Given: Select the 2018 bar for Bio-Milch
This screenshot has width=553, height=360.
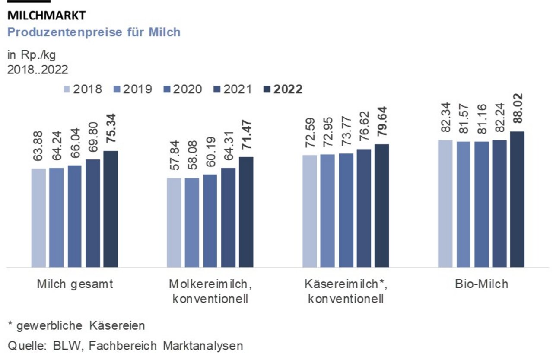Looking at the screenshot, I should click(x=445, y=203).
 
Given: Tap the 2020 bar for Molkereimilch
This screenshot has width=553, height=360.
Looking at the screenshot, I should click(x=210, y=220).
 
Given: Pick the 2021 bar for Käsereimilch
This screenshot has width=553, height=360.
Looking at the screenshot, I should click(x=364, y=208).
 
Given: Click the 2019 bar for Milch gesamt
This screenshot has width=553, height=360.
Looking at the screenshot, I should click(x=56, y=217).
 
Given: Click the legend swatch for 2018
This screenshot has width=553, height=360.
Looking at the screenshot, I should click(x=67, y=89).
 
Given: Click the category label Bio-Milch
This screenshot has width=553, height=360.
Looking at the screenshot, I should click(x=481, y=284).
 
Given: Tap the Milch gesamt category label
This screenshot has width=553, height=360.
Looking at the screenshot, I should click(x=75, y=284).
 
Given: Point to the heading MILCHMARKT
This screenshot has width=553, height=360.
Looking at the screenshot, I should click(x=47, y=16).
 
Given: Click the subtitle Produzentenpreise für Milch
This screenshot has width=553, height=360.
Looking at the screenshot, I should click(x=94, y=32).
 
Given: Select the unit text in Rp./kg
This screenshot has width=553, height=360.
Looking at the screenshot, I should click(x=32, y=55).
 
